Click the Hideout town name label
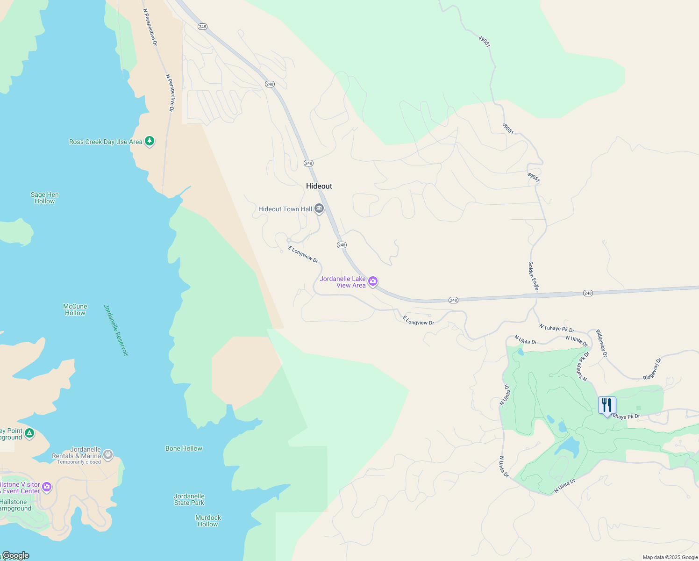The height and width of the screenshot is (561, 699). click(319, 186)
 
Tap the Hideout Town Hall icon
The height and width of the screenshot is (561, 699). click(319, 209)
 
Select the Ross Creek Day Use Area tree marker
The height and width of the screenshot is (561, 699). click(150, 141)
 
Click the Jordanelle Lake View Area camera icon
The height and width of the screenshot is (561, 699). click(373, 281)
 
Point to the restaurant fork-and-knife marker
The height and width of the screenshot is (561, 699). click(607, 405)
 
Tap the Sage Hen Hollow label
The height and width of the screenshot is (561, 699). click(45, 198)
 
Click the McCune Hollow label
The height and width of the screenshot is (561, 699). click(75, 309)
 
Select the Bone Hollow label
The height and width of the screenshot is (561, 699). click(184, 448)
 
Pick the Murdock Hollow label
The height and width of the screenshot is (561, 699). click(208, 521)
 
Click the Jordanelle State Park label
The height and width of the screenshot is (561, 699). click(189, 499)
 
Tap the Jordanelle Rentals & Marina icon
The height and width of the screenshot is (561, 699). click(108, 454)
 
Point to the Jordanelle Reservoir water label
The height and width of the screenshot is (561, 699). click(116, 330)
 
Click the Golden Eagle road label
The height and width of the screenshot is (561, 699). click(533, 276)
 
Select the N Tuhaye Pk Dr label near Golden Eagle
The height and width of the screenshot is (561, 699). click(556, 328)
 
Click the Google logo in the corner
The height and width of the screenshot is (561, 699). click(16, 555)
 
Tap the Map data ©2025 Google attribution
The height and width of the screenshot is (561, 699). click(670, 557)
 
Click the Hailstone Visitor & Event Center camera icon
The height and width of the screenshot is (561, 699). click(47, 487)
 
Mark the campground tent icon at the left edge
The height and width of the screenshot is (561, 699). click(29, 433)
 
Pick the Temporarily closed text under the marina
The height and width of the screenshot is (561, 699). click(79, 462)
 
